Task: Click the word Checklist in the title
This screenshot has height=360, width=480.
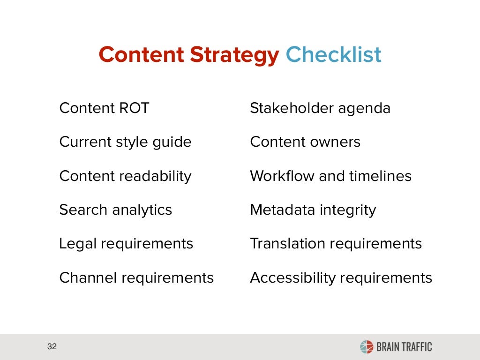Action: (x=333, y=55)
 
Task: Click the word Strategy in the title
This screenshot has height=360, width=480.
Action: (x=234, y=55)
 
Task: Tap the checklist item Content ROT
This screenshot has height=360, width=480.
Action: (x=104, y=108)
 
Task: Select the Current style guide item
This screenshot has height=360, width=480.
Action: (x=125, y=142)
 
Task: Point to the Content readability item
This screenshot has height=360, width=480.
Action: (x=125, y=176)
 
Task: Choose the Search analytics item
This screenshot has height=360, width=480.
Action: (x=115, y=210)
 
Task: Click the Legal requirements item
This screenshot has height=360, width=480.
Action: (x=126, y=244)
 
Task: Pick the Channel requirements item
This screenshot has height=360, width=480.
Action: (x=136, y=278)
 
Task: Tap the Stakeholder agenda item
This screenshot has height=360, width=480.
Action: (x=320, y=108)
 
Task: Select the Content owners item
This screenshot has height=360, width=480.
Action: (x=305, y=142)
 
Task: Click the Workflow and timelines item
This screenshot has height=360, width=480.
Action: (x=330, y=176)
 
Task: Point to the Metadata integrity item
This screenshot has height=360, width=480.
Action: (x=313, y=210)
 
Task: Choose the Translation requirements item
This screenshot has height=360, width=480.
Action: (x=336, y=244)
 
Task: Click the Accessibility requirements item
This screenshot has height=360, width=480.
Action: (x=341, y=278)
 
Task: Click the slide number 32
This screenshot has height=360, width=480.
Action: (x=52, y=347)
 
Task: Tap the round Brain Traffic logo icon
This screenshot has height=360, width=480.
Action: (x=366, y=347)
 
